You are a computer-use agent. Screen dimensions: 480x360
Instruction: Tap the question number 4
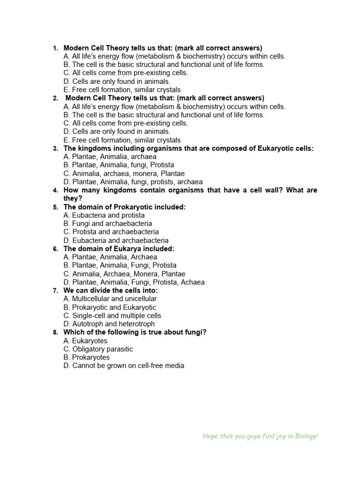[55, 190]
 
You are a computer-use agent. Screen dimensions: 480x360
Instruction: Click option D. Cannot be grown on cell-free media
[124, 366]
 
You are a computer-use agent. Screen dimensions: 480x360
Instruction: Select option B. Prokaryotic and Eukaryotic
[110, 307]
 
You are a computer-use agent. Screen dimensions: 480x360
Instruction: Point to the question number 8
[55, 333]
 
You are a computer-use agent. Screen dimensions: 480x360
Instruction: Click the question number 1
[55, 48]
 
